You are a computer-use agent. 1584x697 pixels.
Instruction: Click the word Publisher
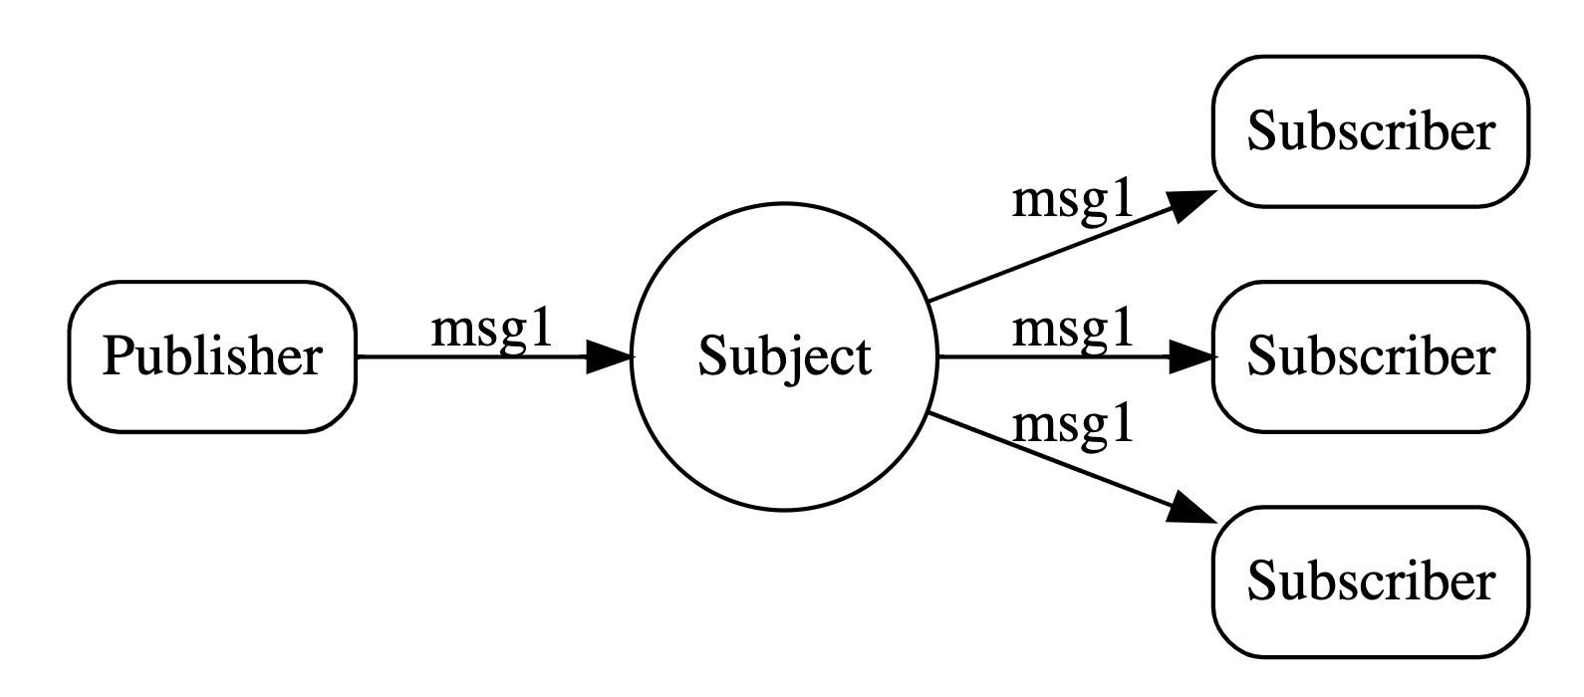212,356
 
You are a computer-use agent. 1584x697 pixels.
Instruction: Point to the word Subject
784,356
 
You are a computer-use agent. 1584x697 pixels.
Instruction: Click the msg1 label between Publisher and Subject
491,329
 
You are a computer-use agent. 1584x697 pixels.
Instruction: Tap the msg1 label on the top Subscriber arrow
1073,200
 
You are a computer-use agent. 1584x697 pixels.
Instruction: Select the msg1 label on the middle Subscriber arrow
1073,328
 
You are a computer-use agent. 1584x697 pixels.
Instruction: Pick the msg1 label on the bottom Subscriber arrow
1073,425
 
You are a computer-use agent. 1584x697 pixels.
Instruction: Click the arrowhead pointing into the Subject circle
608,356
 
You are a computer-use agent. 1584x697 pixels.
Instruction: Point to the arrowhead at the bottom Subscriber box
1189,509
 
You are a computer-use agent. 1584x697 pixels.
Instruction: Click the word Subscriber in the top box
1370,132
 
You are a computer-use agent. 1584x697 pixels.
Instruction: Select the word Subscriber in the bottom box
1370,581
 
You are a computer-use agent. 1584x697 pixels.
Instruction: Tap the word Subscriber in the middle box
1370,356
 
